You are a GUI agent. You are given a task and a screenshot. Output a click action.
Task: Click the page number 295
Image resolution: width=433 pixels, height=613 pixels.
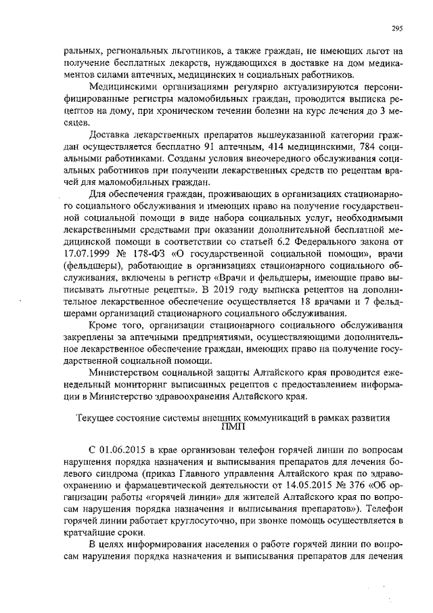398,28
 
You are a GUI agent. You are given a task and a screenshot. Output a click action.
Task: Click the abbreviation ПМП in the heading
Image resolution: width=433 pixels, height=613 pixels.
235,427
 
